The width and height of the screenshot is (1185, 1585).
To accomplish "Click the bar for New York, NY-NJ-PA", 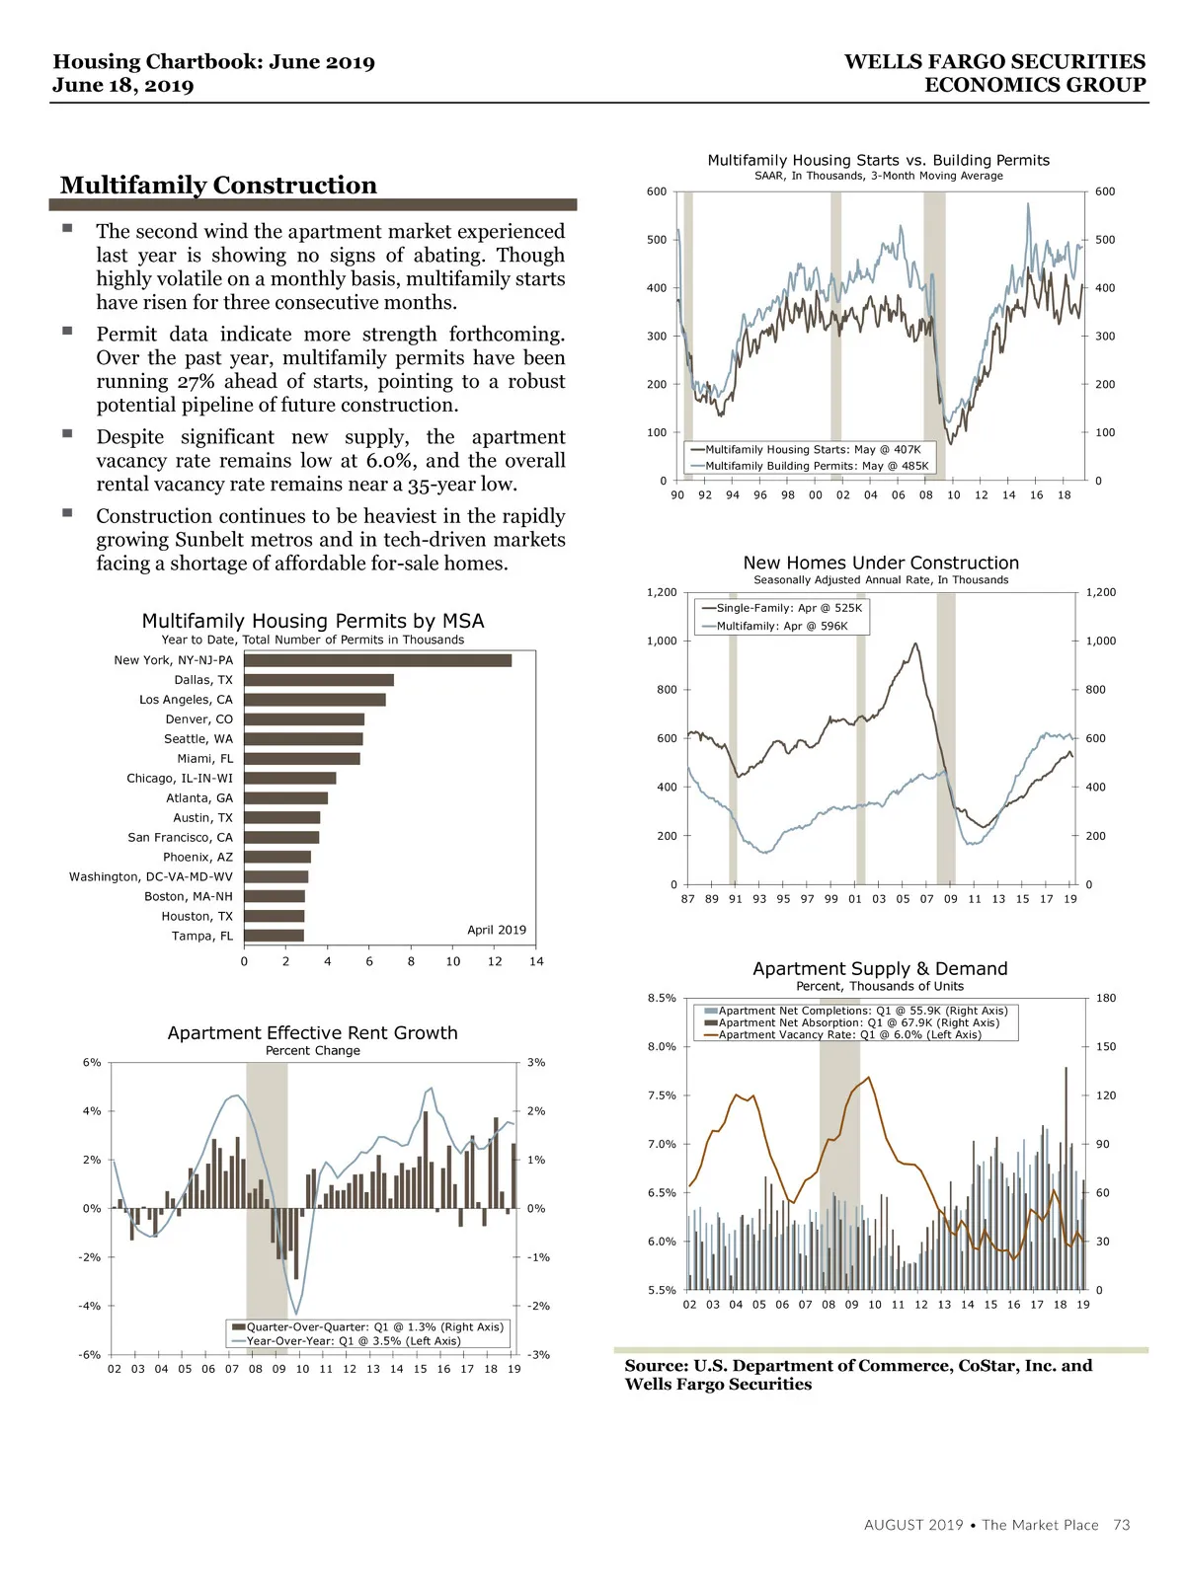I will coord(377,660).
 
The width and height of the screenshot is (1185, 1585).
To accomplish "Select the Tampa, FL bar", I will coord(274,936).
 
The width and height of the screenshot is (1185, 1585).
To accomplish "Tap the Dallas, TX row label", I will coord(203,680).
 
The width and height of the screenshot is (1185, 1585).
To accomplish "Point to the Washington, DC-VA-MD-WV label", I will coord(151,876).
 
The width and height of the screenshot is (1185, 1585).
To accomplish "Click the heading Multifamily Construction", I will coord(218,186).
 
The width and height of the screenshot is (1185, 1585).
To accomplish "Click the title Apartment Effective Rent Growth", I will coord(312,1033).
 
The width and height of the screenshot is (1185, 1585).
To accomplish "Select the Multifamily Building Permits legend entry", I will coord(817,466).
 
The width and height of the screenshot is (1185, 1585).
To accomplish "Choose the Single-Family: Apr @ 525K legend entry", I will coord(789,608).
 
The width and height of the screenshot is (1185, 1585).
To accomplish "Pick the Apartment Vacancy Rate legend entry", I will coord(849,1035).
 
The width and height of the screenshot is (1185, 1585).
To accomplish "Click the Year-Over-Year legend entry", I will coord(353,1341).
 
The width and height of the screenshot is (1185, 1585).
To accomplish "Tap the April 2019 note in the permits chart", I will coord(496,930).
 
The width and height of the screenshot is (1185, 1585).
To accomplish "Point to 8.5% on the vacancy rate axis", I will coord(662,998).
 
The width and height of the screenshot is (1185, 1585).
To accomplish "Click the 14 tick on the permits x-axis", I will coord(536,961).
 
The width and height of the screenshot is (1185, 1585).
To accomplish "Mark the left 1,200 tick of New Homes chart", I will coord(662,592).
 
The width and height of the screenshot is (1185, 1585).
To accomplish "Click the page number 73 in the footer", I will coord(1121,1525).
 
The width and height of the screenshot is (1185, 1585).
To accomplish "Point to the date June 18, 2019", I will coord(123,85).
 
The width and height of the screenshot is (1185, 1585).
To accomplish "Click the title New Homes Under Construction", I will coord(881,563).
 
